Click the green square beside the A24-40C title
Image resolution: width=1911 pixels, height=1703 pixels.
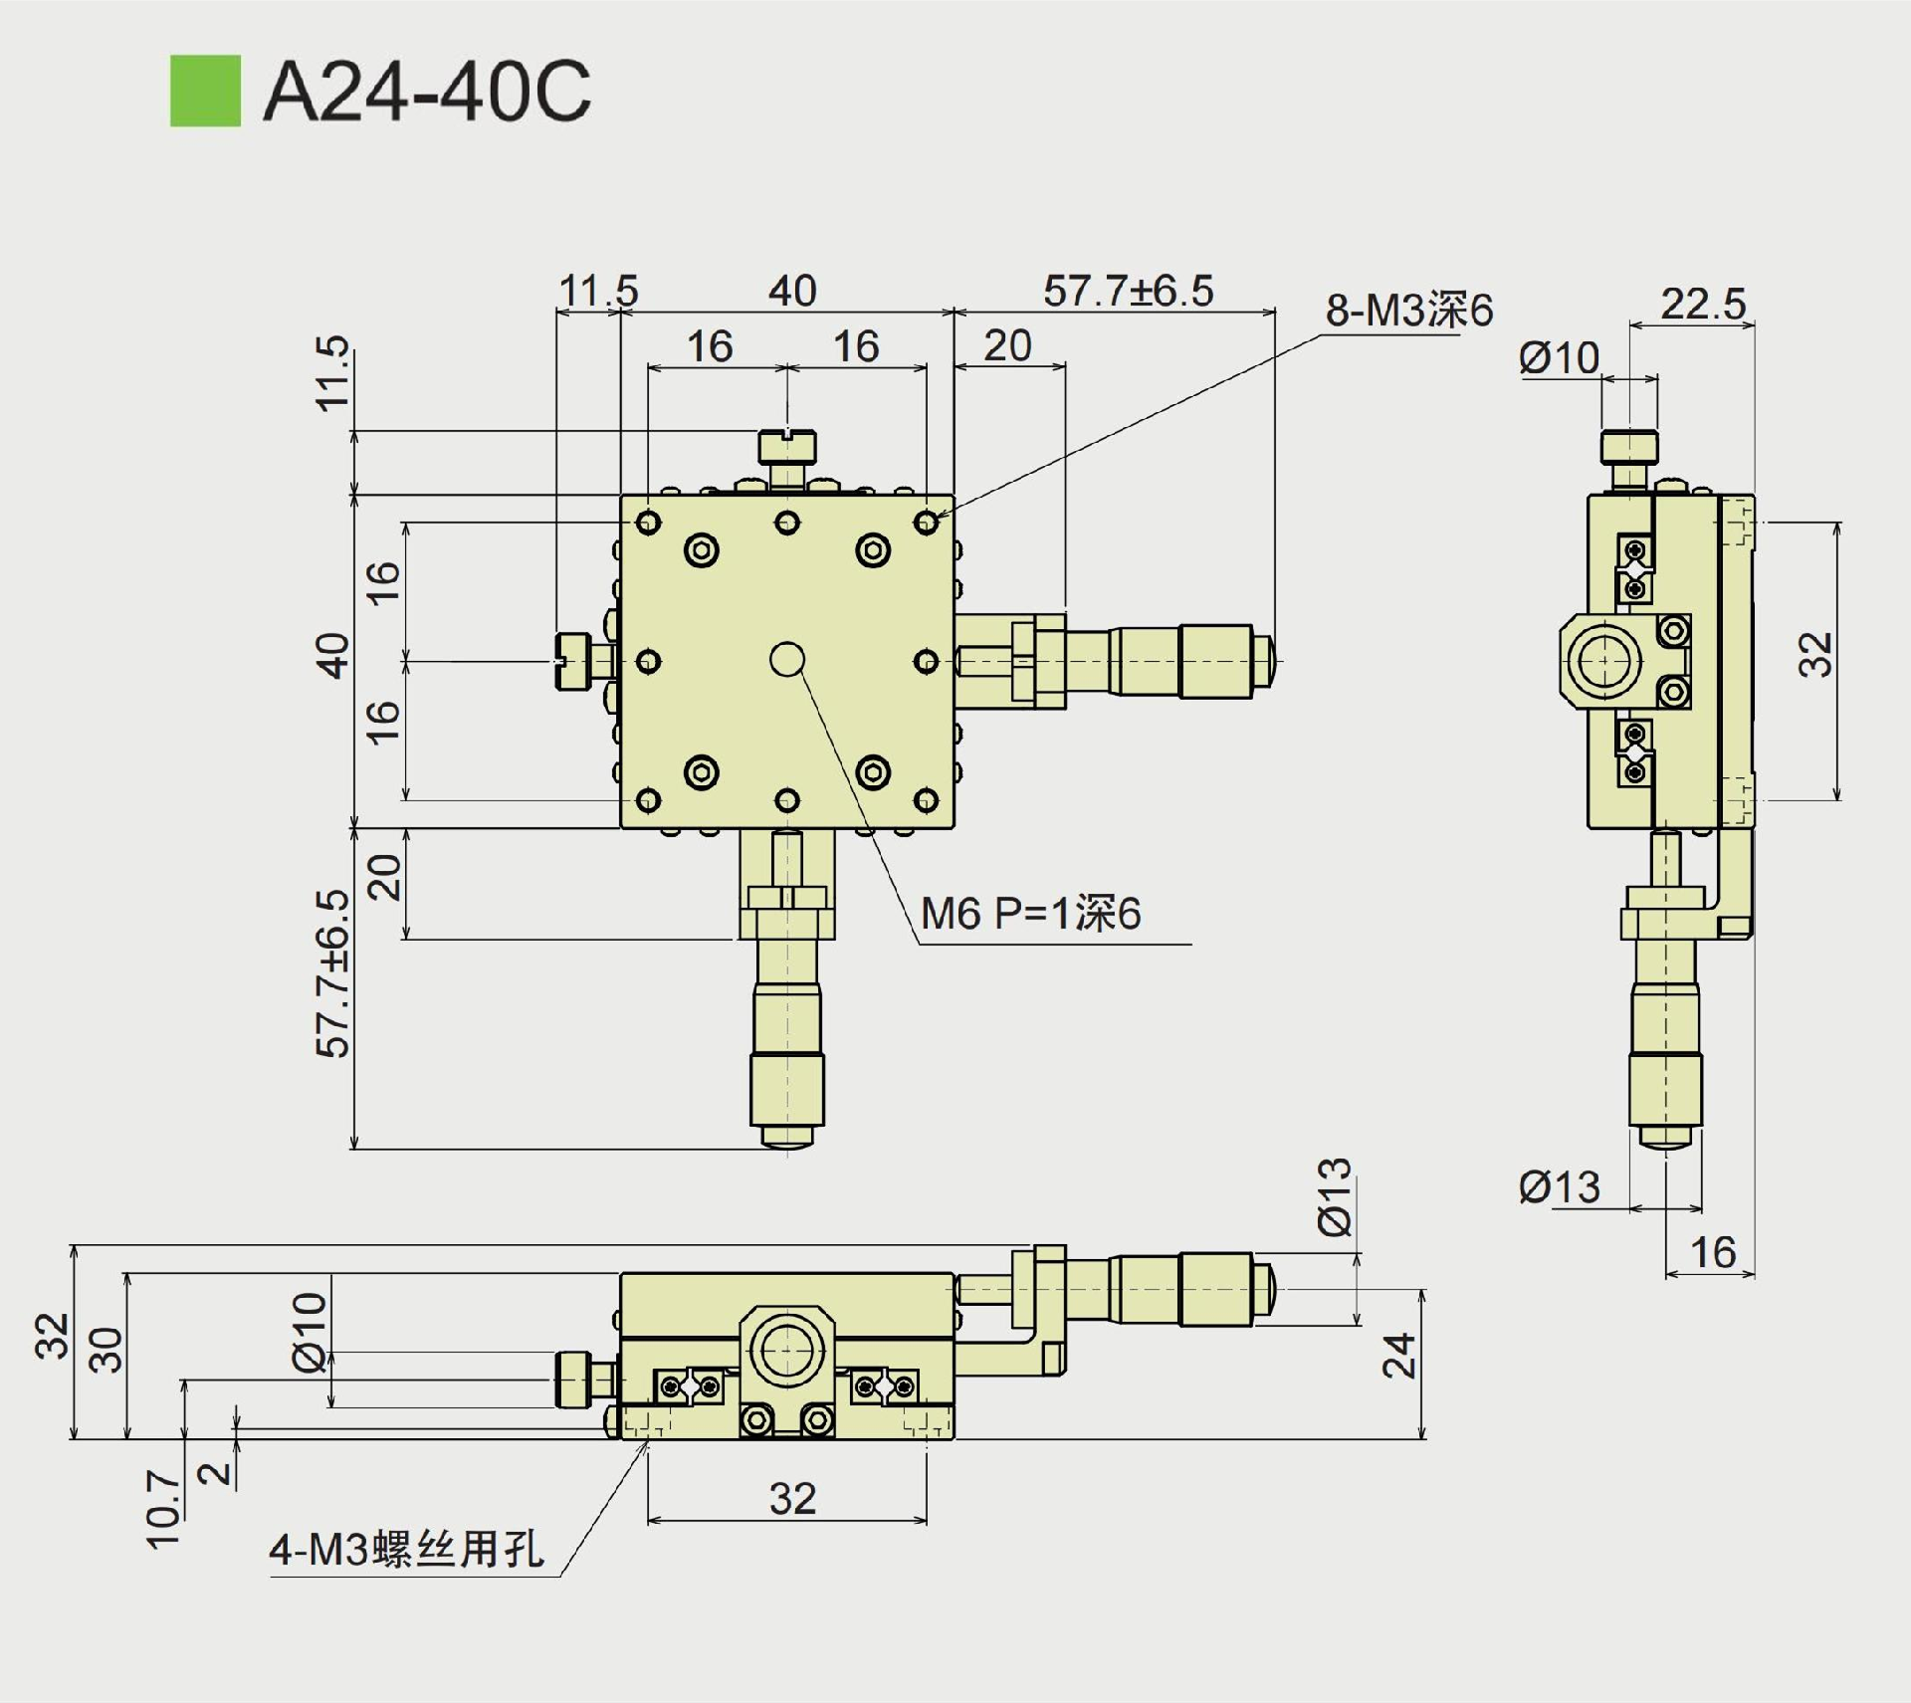coord(205,91)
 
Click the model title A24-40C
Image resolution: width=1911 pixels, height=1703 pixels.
coord(427,92)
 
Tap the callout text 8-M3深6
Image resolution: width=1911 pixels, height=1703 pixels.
coord(1408,311)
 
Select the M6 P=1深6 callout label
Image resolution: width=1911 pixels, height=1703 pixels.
coord(1030,914)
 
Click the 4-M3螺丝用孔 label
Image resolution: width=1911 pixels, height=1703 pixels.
coord(406,1549)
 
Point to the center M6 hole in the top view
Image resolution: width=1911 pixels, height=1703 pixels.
coord(787,659)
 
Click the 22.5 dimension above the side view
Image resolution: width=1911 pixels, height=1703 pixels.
coord(1702,304)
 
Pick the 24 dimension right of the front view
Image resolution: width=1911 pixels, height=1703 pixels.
coord(1399,1355)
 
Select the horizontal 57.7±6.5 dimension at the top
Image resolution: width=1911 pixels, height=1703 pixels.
coord(1128,291)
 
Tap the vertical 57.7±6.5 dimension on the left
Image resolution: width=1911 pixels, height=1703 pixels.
coord(332,973)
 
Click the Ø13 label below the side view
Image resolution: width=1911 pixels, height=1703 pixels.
coord(1559,1187)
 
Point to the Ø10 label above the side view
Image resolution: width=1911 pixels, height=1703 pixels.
coord(1559,358)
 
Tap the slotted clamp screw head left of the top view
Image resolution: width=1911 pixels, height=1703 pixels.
coord(571,661)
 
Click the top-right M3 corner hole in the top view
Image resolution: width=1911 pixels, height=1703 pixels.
coord(927,522)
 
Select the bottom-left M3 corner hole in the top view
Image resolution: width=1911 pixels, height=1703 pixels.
coord(648,799)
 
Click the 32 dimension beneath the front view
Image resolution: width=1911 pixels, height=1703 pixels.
coord(792,1498)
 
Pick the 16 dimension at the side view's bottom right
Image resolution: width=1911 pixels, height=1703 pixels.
coord(1713,1252)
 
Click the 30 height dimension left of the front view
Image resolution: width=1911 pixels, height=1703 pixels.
coord(106,1350)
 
